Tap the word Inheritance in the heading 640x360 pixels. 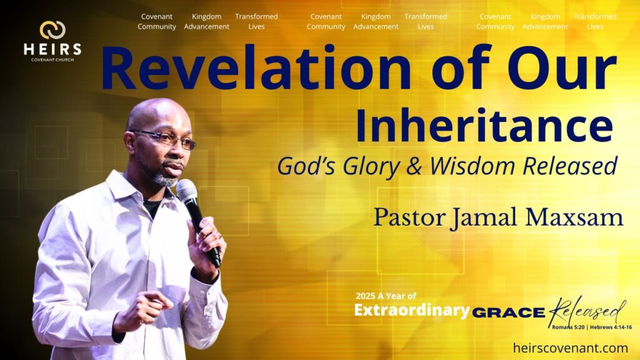[x=484, y=125]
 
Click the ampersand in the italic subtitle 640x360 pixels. [x=414, y=166]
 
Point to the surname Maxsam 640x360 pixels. [x=574, y=217]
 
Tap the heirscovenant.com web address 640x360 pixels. [x=570, y=347]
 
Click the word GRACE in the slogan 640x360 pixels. [x=509, y=313]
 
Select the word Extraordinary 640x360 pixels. [x=412, y=310]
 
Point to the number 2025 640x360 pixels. [x=365, y=296]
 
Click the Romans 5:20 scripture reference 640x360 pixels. [x=568, y=327]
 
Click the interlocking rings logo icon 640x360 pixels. [x=52, y=30]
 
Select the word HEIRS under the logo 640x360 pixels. [x=52, y=49]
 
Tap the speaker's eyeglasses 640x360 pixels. [x=165, y=138]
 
